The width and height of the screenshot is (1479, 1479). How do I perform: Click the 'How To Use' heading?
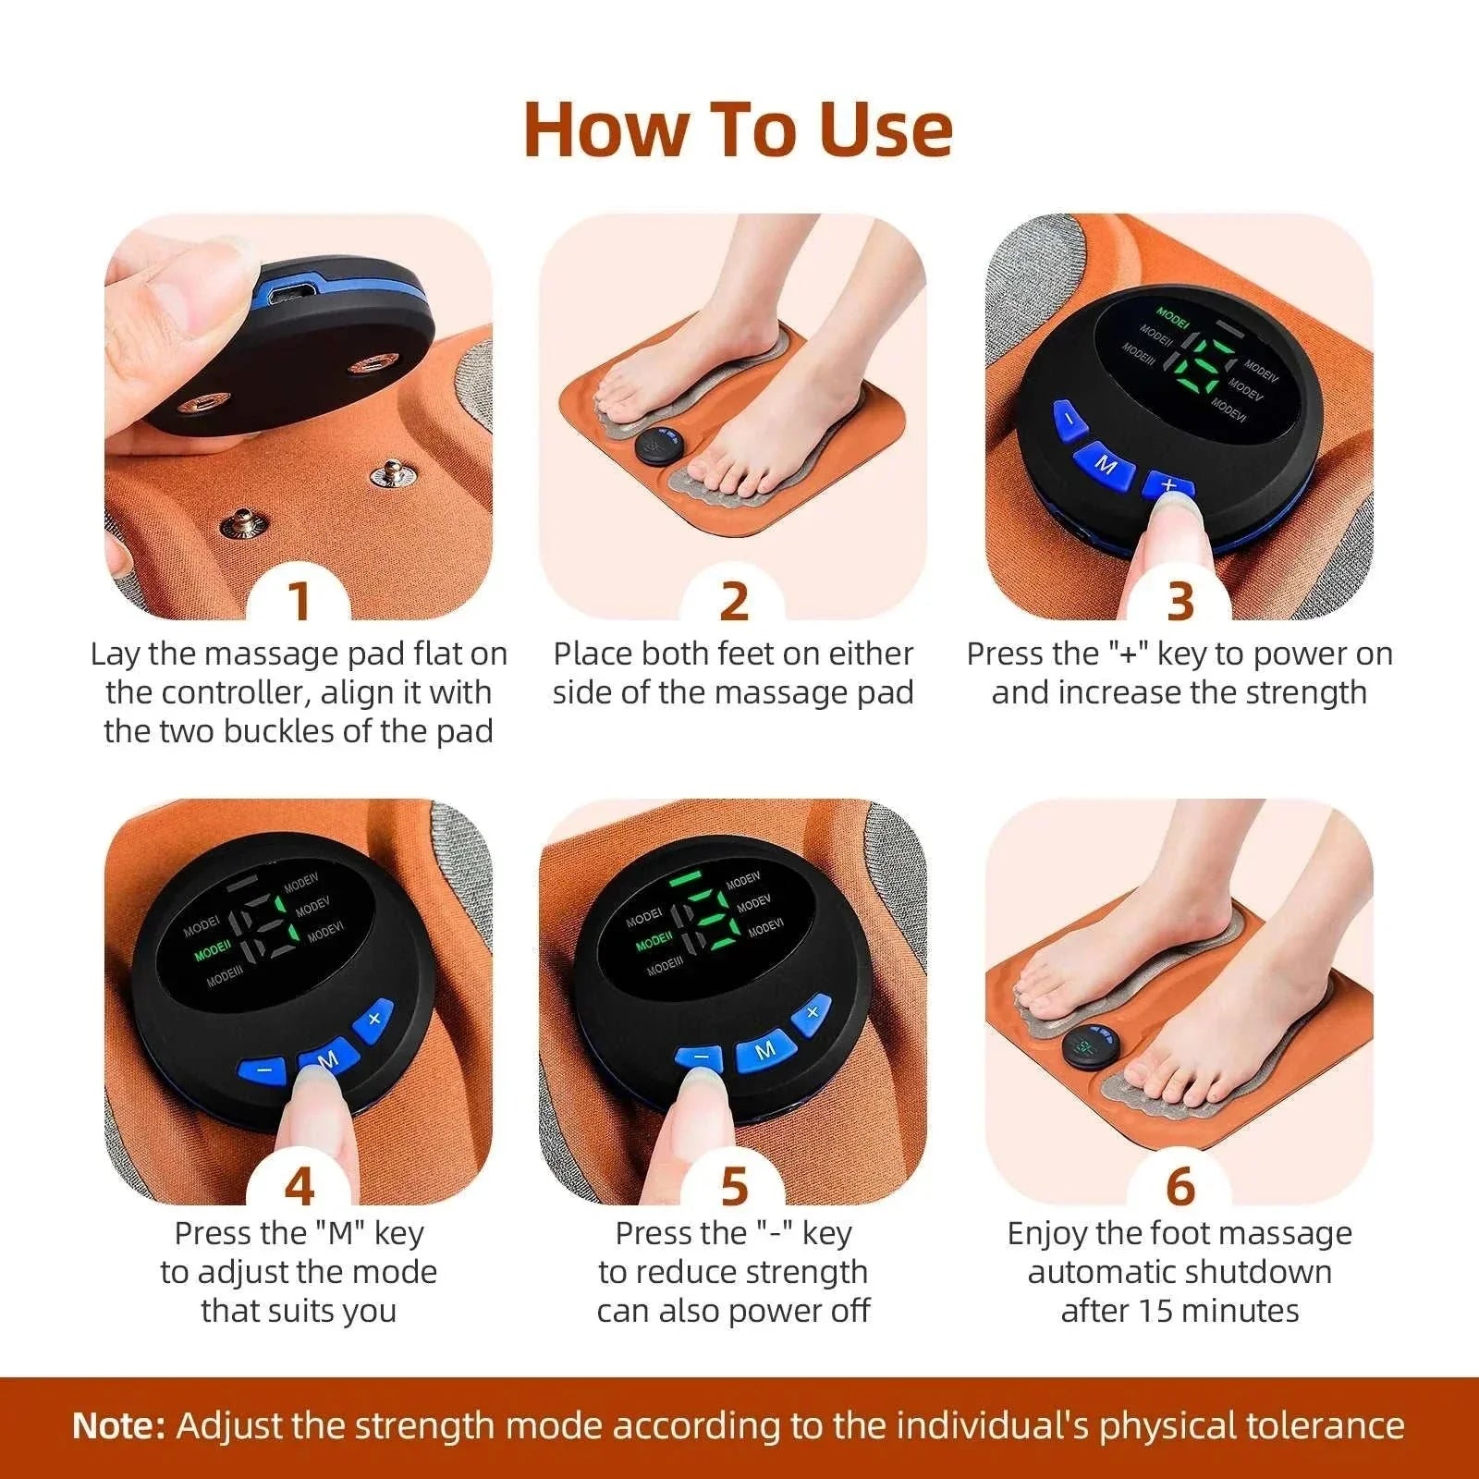pos(738,129)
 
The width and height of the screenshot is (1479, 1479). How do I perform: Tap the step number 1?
pos(299,600)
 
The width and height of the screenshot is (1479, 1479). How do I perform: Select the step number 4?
pos(299,1185)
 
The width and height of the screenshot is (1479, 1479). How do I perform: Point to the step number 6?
pos(1180,1185)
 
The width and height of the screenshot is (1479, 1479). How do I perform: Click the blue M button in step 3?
pos(1106,465)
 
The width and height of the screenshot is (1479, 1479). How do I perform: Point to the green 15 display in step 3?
pos(1199,362)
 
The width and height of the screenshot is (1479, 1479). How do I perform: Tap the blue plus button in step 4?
pos(373,1020)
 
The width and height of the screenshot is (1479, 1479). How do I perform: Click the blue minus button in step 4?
pos(264,1070)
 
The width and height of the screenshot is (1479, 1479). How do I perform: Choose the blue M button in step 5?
pos(765,1050)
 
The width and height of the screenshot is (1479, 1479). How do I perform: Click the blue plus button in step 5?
pos(813,1012)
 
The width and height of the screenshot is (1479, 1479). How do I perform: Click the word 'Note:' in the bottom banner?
pos(118,1424)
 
